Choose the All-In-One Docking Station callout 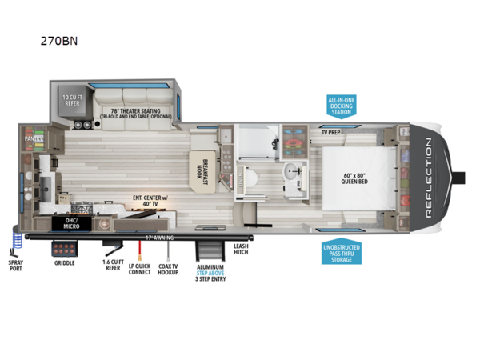click(341, 106)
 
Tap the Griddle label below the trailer click(66, 263)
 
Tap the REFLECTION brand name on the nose click(428, 177)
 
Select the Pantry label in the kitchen click(32, 138)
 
